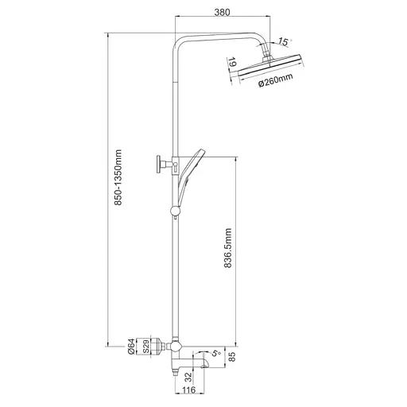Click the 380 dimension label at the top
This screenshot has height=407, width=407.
coord(222,12)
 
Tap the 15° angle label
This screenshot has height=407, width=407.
coord(284,41)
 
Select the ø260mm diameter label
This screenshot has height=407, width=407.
coord(276,79)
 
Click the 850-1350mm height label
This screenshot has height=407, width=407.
coord(118,177)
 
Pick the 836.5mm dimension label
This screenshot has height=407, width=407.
coord(228,248)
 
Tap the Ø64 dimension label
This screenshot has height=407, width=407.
coord(131,347)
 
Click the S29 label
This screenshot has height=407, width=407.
coord(145,347)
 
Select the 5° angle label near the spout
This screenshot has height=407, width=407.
coord(216,354)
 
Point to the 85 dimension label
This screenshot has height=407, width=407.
coord(232,357)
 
